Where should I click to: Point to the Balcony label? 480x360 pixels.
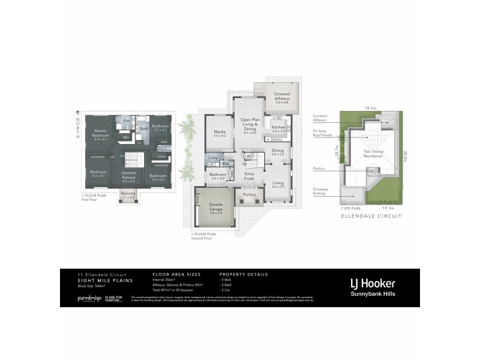click(x=128, y=194)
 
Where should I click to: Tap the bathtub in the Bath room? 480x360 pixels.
click(x=144, y=119)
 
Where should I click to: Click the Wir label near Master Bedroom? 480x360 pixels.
click(x=127, y=137)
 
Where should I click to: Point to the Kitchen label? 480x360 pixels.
click(x=278, y=128)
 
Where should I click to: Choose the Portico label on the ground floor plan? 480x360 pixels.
click(x=250, y=195)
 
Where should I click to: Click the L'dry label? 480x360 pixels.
click(x=212, y=157)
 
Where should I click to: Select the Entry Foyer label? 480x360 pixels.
click(x=249, y=175)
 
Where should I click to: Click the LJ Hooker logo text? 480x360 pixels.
click(x=373, y=283)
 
